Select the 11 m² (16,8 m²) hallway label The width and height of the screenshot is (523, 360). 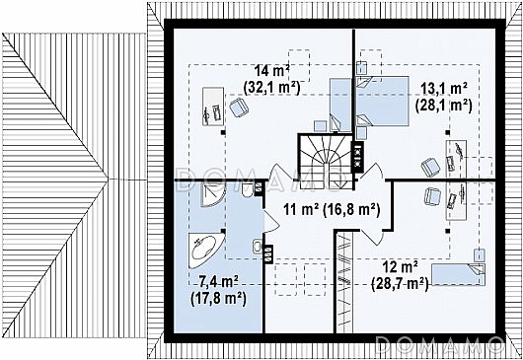332,210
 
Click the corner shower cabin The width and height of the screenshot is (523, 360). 213,194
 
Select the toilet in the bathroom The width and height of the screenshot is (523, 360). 248,190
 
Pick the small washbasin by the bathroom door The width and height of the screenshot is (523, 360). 258,247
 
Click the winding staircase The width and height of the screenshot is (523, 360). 326,161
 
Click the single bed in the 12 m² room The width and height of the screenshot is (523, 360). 457,274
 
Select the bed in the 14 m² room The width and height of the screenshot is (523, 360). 340,105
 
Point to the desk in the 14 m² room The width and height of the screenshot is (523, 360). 213,107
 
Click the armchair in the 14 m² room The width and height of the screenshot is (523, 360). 239,108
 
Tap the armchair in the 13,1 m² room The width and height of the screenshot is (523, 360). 431,167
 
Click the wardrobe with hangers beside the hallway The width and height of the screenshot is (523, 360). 344,282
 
